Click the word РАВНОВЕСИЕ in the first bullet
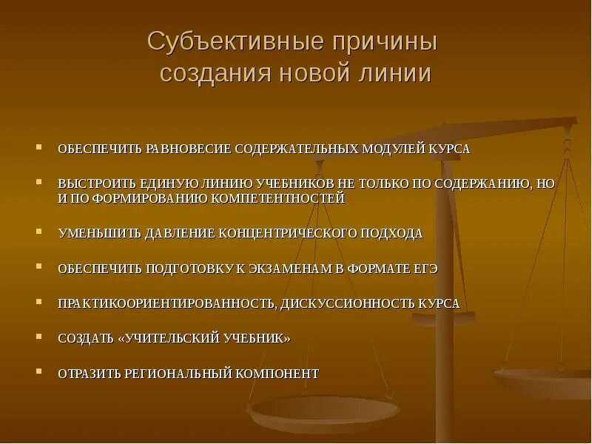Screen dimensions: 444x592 (x=184, y=149)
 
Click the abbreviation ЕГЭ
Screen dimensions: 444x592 (x=426, y=269)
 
